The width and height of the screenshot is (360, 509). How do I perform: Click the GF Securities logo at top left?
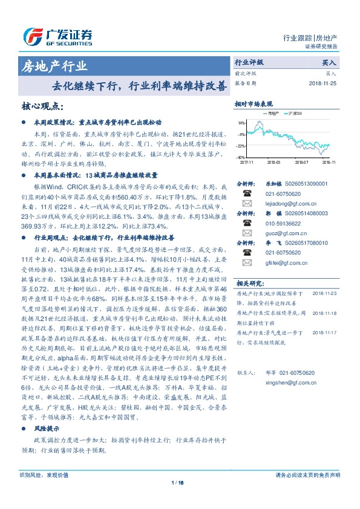tap(58, 34)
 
